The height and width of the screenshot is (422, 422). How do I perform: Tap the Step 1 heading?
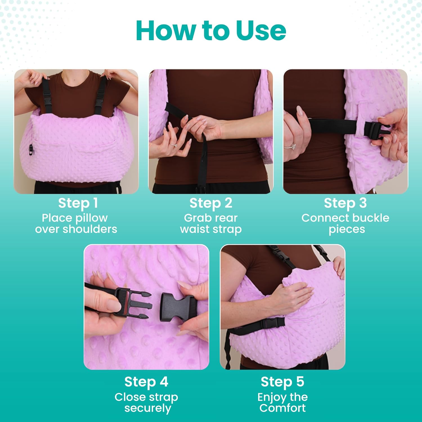coord(78,203)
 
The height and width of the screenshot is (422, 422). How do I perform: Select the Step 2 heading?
coord(211,203)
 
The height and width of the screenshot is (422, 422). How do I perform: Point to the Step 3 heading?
coord(345,203)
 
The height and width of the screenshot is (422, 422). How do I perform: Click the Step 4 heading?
coord(146,382)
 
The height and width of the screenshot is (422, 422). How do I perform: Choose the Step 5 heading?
coord(282,382)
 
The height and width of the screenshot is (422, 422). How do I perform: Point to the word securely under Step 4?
coord(147,408)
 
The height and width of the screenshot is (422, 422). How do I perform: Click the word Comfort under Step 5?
coord(282,408)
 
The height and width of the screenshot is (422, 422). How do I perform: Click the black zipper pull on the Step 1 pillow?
coord(31,150)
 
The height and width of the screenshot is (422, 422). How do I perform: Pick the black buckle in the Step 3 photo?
coord(373,130)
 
